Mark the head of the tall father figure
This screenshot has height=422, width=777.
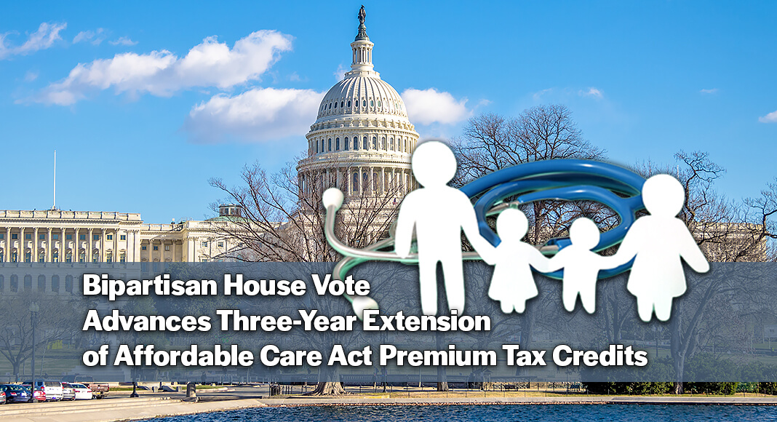(435, 164)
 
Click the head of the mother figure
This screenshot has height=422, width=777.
(663, 196)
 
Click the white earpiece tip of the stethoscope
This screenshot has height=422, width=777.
(332, 198)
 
